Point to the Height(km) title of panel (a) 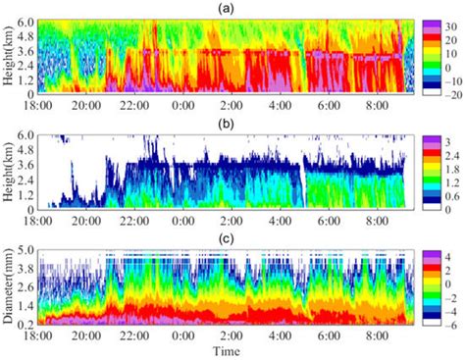click(x=9, y=61)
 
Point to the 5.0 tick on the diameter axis click(x=32, y=250)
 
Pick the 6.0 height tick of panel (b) click(x=32, y=132)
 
